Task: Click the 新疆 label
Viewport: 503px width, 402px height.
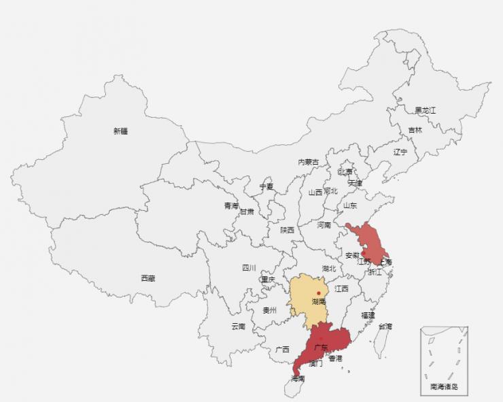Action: (120, 131)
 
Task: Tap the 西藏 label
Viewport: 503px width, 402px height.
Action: (148, 278)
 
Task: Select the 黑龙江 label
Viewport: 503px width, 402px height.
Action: (426, 110)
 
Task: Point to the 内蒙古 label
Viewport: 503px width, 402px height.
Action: (308, 162)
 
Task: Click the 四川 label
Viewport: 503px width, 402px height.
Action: (249, 267)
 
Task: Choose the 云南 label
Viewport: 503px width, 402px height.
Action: (238, 326)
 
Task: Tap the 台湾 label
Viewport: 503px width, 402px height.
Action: (385, 326)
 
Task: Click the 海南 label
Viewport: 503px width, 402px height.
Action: (298, 378)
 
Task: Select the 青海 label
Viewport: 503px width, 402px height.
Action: (232, 205)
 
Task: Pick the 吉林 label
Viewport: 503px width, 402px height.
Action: (415, 130)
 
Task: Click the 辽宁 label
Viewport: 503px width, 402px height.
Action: (400, 152)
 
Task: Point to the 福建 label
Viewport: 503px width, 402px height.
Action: (368, 315)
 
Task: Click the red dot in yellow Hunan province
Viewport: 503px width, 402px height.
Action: (318, 292)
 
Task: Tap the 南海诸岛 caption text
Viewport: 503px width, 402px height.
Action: (444, 387)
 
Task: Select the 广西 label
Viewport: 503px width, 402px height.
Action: (283, 349)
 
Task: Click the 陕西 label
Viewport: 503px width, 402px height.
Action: (288, 230)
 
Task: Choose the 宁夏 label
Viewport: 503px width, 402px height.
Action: (266, 186)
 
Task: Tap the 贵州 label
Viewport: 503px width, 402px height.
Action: (270, 309)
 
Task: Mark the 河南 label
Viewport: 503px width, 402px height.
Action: (324, 224)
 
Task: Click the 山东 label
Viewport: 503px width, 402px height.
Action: (349, 205)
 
